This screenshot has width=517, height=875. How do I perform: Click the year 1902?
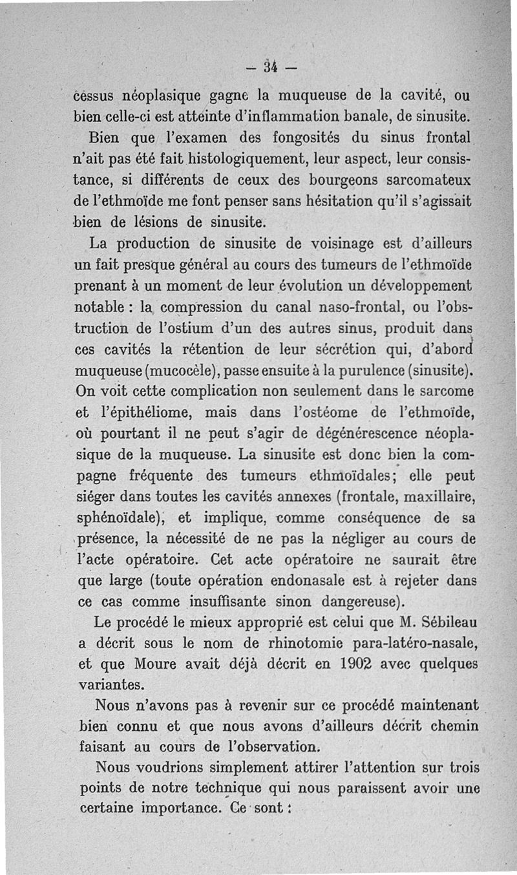tap(360, 664)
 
